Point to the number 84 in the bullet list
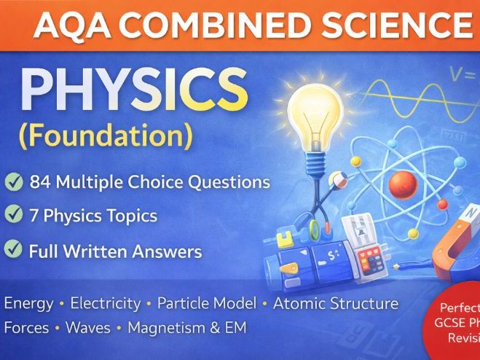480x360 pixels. [42, 182]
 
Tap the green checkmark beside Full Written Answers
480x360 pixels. [13, 251]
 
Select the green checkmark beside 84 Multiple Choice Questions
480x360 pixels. [13, 182]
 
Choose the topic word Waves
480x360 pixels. [87, 327]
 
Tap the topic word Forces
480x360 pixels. [26, 327]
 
